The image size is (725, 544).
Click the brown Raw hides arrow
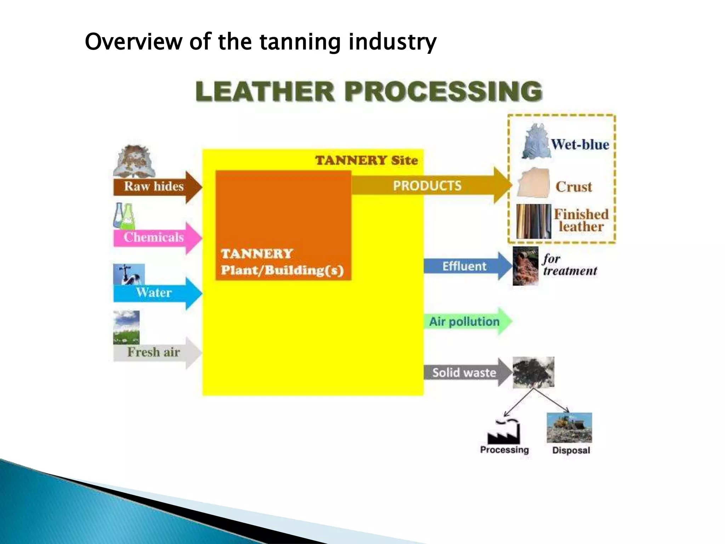pyautogui.click(x=156, y=187)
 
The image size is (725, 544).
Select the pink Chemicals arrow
pyautogui.click(x=156, y=238)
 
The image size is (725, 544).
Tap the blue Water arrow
pyautogui.click(x=156, y=293)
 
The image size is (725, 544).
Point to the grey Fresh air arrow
pyautogui.click(x=156, y=352)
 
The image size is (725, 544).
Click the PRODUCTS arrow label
pyautogui.click(x=427, y=186)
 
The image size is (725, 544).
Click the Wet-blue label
pyautogui.click(x=580, y=144)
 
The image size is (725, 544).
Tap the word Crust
pyautogui.click(x=573, y=187)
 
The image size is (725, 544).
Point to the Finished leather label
pyautogui.click(x=581, y=220)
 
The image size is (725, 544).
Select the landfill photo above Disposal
pyautogui.click(x=569, y=428)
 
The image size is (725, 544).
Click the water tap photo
pyautogui.click(x=129, y=274)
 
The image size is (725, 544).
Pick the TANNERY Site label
pyautogui.click(x=366, y=160)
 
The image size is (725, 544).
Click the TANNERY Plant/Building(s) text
pyautogui.click(x=282, y=262)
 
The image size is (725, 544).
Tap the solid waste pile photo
pyautogui.click(x=533, y=372)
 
